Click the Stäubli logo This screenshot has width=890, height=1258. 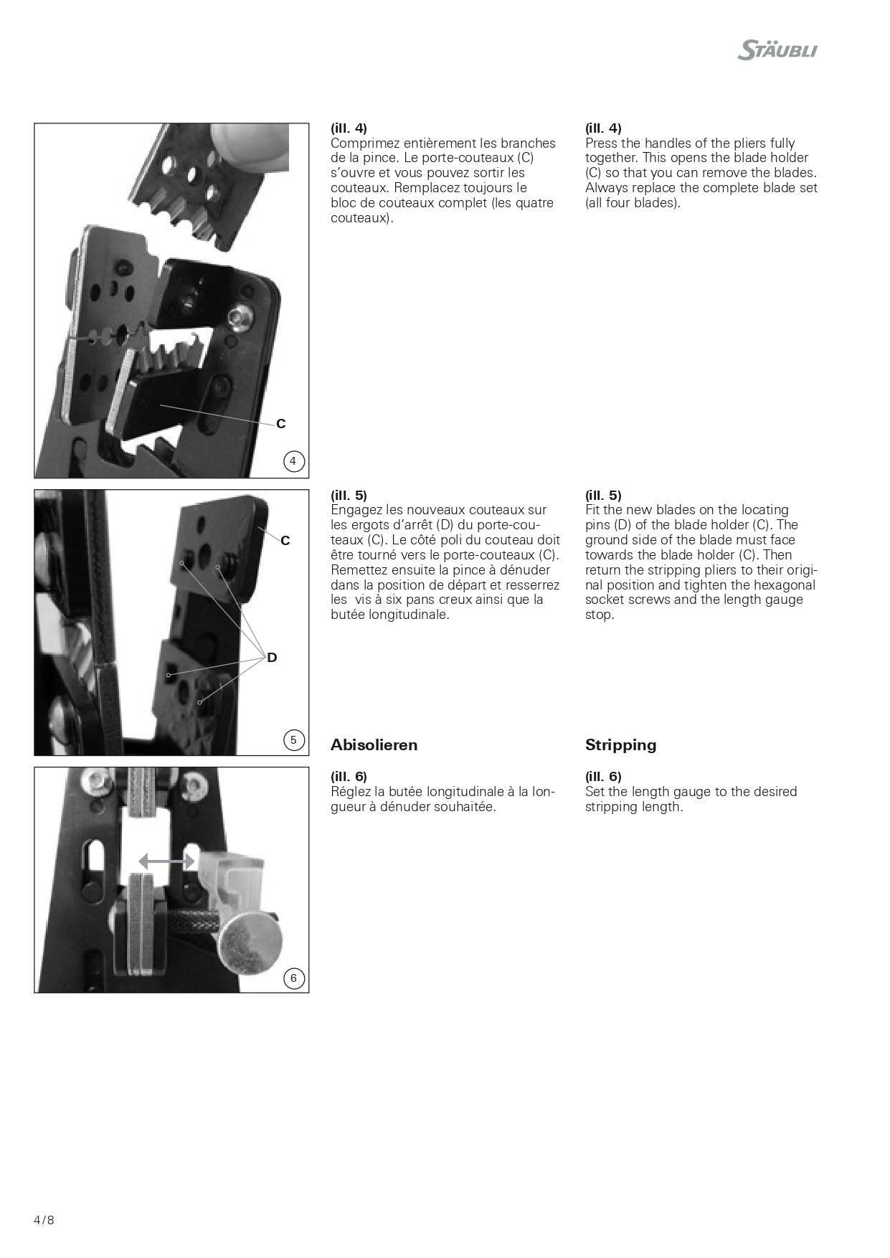777,50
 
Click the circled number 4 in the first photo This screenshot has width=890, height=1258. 293,461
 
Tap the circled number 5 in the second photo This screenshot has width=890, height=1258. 293,739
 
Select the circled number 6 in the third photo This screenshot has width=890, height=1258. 293,978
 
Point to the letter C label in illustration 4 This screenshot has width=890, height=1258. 281,424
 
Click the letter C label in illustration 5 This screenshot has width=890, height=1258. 285,541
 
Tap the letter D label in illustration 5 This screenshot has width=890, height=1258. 272,658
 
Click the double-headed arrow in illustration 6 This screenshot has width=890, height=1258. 166,861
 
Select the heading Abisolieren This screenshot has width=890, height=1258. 374,745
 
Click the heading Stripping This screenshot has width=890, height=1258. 620,745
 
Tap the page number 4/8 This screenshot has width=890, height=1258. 44,1220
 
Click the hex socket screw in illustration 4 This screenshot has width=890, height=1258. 240,318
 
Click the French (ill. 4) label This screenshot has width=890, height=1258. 349,128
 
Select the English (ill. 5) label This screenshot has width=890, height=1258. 603,496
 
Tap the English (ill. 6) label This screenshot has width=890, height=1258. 603,777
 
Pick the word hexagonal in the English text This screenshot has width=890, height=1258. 784,585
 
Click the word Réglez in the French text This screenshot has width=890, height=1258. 351,792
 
